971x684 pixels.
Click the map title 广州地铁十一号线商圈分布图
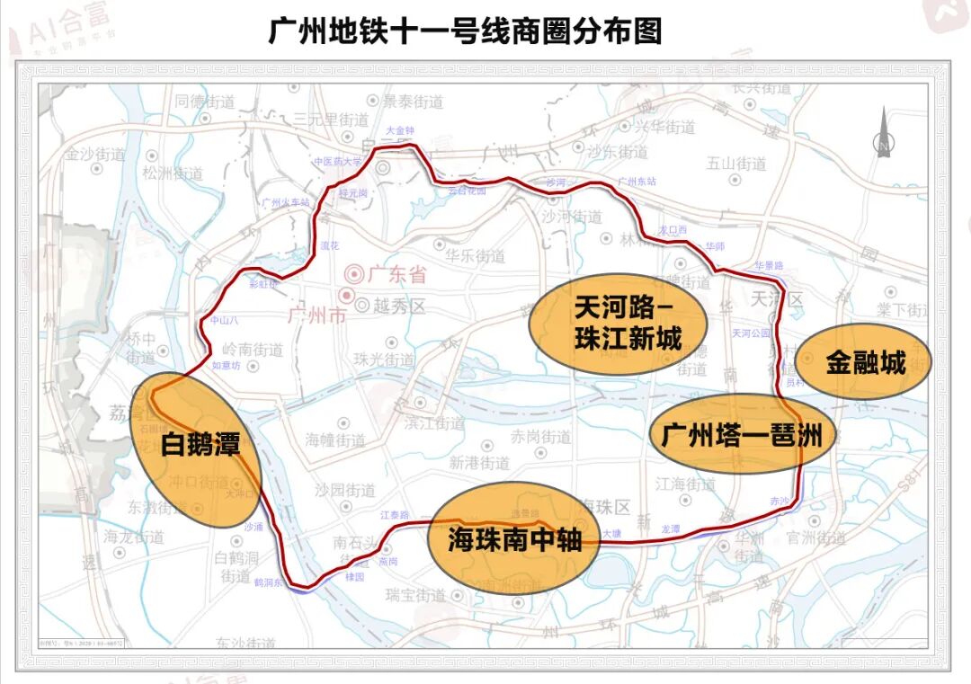coord(465,31)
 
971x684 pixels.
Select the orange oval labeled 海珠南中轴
coord(515,539)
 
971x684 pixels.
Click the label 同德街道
coord(205,102)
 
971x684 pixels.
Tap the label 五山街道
coord(736,164)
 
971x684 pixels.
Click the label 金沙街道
coord(94,154)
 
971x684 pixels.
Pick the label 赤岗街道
coord(541,438)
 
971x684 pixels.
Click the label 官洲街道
coord(816,538)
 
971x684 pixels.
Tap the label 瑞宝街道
coord(415,595)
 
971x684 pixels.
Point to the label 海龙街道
coord(134,537)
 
